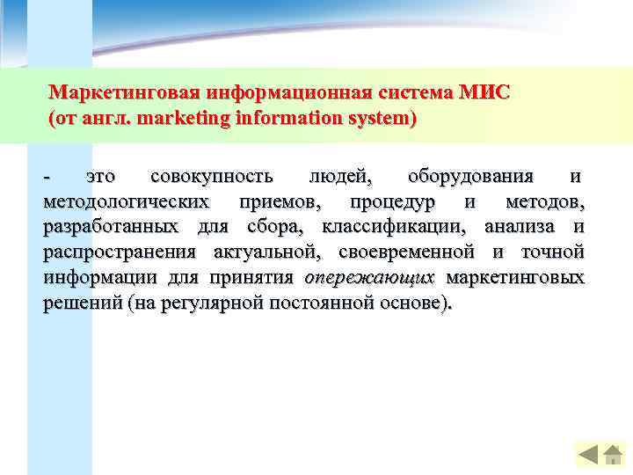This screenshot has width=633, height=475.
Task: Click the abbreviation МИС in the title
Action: click(x=483, y=93)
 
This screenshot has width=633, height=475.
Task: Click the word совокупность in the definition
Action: click(x=212, y=179)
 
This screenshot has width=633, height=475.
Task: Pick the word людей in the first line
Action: click(x=334, y=179)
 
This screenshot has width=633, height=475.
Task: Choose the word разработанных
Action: click(x=111, y=228)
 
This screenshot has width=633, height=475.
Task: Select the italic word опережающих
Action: click(x=369, y=278)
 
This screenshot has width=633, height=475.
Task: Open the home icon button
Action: click(x=612, y=455)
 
